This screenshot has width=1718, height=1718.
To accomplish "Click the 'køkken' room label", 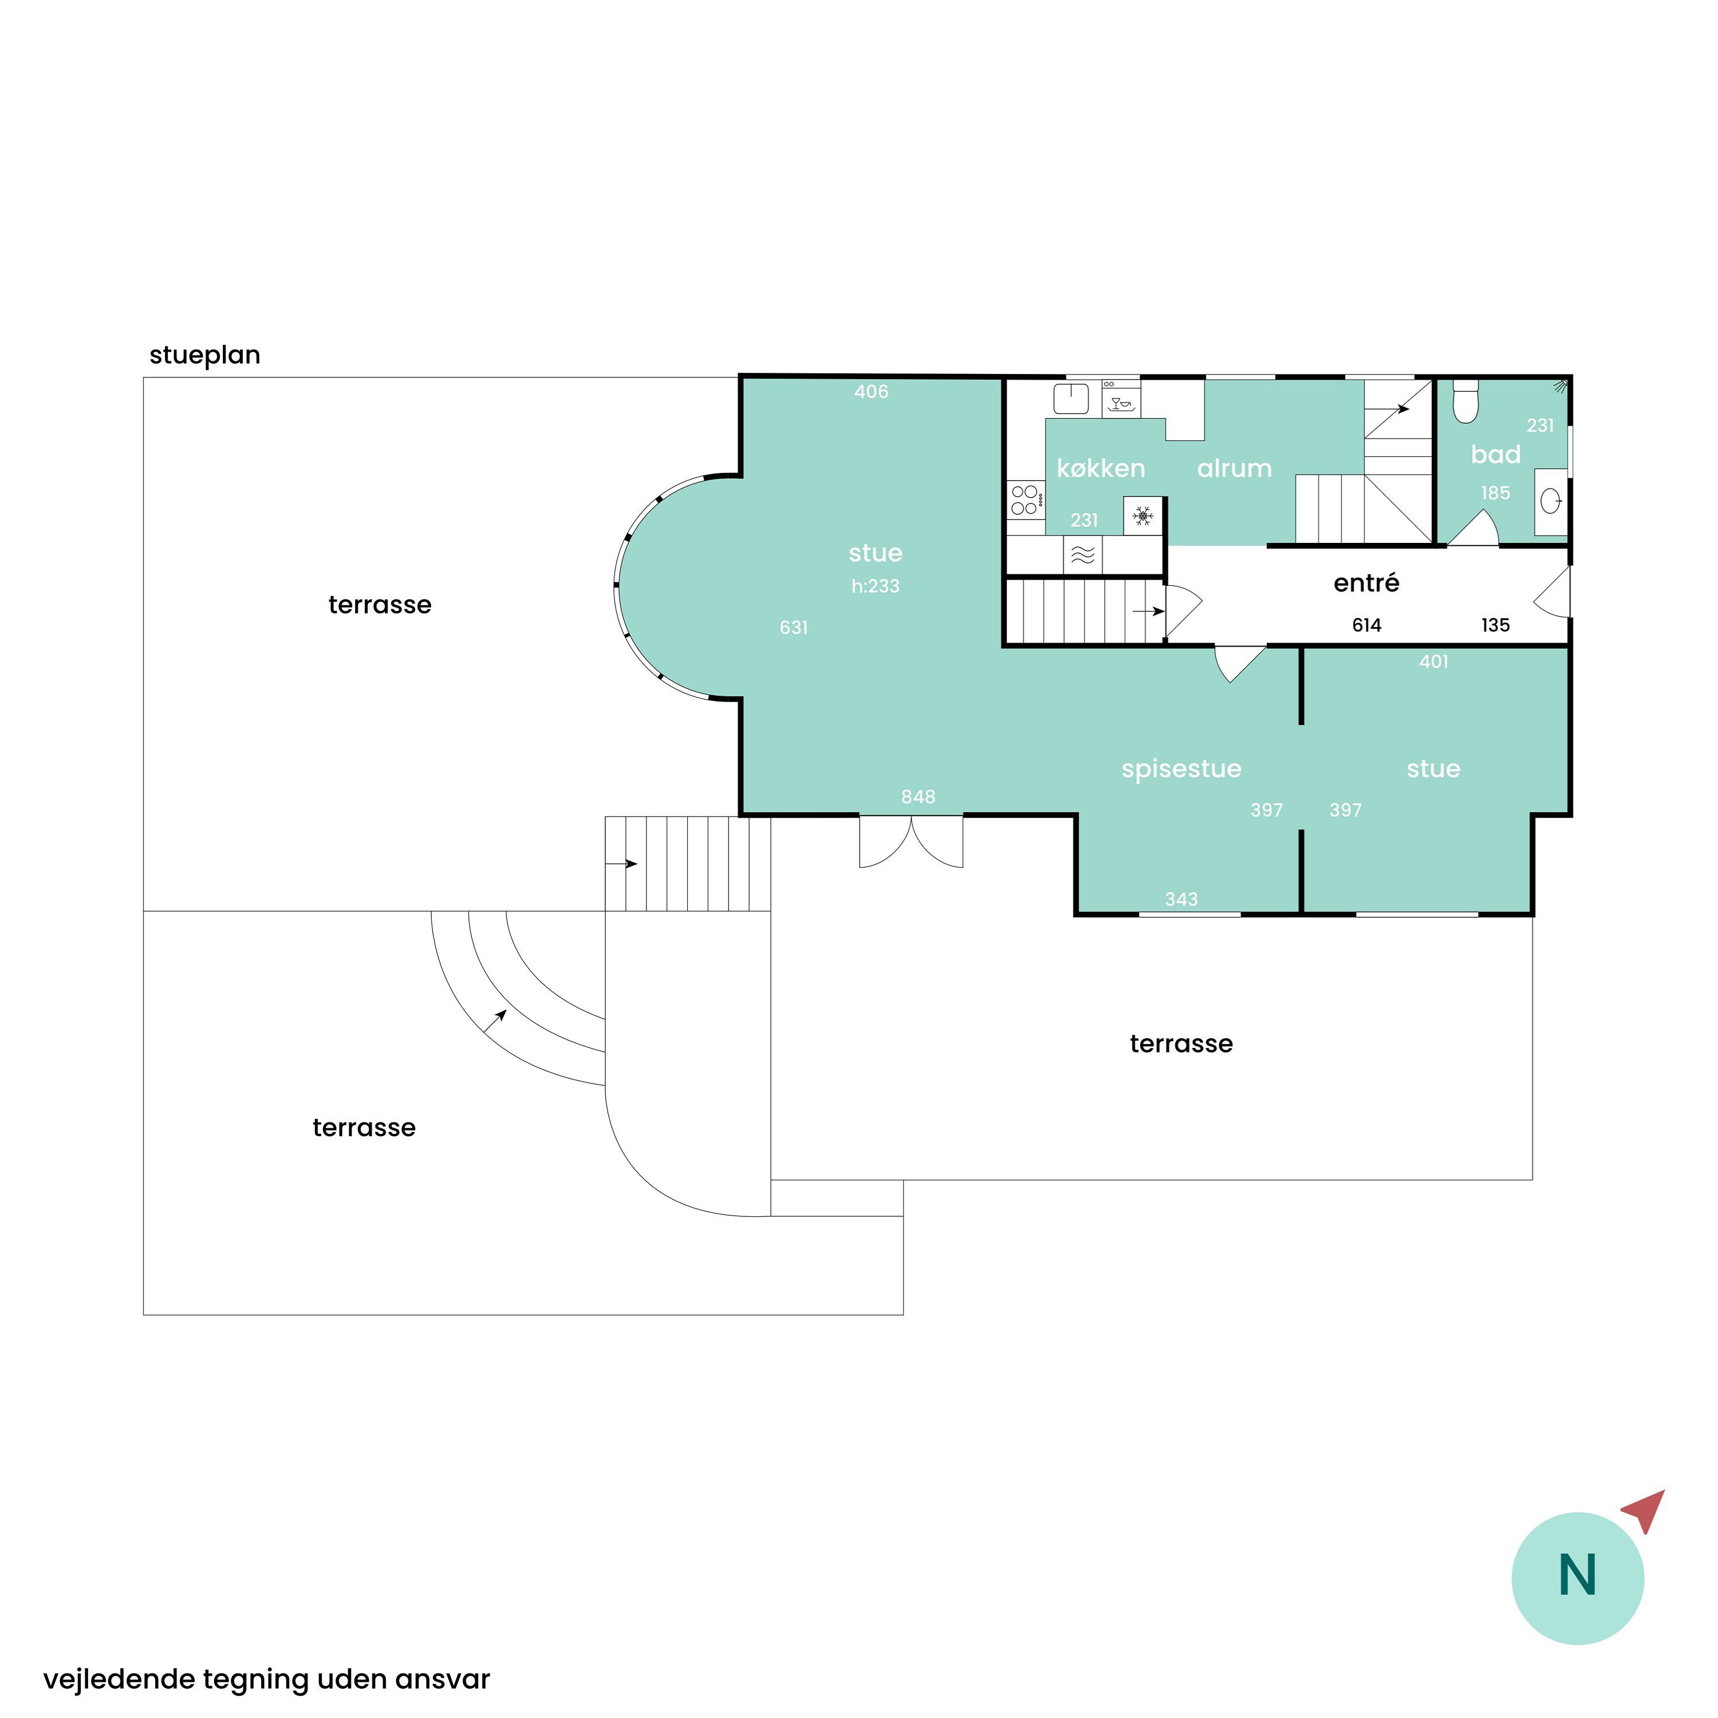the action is click(x=1100, y=468).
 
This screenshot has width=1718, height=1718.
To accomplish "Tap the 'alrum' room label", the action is click(x=1234, y=468).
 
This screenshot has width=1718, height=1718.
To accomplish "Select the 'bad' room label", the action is click(x=1496, y=454).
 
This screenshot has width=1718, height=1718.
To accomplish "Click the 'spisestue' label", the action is click(x=1181, y=769).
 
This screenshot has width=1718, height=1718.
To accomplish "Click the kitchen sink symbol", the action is click(x=1071, y=399).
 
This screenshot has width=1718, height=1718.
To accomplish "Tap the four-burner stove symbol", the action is click(x=1025, y=499).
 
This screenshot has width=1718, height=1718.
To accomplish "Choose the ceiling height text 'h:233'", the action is click(x=875, y=586).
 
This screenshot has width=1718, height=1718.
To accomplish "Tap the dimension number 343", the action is click(x=1181, y=899).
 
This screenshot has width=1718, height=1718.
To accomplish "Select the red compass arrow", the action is click(x=1645, y=1511).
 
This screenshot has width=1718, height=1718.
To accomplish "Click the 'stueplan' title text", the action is click(x=204, y=356).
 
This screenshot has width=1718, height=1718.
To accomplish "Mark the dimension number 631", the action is click(x=793, y=628).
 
